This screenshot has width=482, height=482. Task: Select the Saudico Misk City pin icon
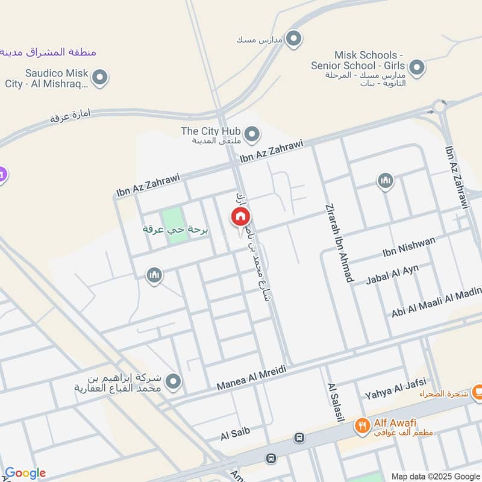click(101, 78)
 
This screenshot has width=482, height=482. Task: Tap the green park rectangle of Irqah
click(174, 226)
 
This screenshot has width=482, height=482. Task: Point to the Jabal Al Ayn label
click(392, 275)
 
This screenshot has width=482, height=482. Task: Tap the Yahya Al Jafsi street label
click(395, 387)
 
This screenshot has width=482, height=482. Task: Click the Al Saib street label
click(235, 432)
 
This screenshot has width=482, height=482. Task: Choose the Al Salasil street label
click(334, 402)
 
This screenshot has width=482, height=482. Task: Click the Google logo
click(25, 473)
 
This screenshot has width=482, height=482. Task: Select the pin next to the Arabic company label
click(174, 381)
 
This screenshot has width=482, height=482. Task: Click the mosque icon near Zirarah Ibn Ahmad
click(385, 180)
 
